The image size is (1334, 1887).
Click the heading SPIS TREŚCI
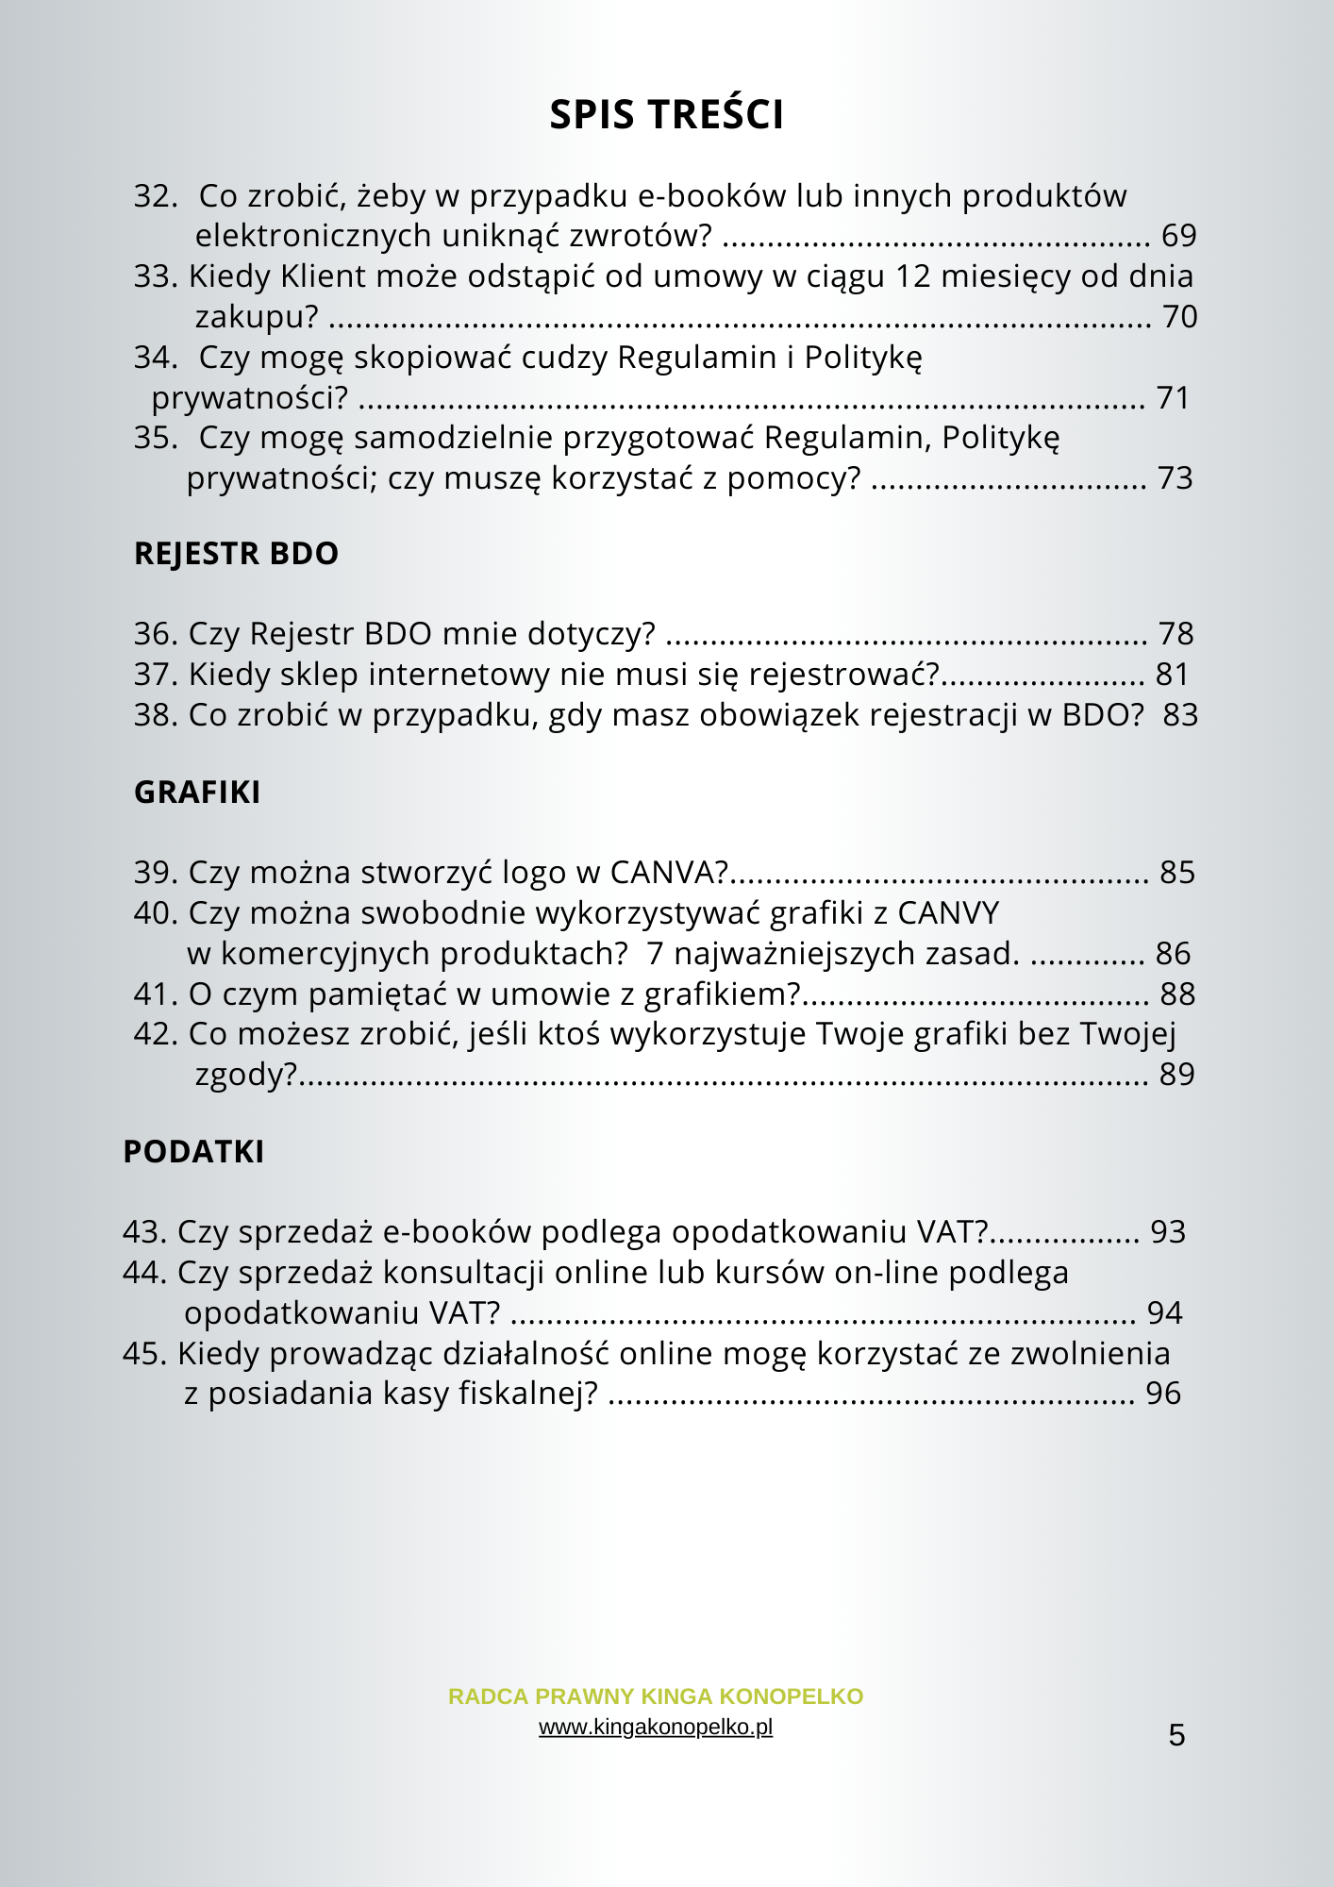click(666, 115)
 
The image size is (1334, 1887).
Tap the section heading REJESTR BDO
click(236, 554)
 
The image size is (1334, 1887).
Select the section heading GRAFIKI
click(197, 793)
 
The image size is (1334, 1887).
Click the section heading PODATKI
click(193, 1152)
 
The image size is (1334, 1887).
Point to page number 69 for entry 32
click(1178, 236)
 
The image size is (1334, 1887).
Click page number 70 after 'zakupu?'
click(1179, 317)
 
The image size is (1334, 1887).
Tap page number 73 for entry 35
click(1176, 479)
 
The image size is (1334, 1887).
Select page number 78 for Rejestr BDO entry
click(1176, 634)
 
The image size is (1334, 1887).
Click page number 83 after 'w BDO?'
click(1180, 715)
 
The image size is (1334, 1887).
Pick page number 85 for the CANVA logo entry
click(1177, 873)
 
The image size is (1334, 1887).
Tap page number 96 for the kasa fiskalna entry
click(1163, 1394)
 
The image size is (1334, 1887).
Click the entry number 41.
click(156, 994)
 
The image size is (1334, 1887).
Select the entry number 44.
click(144, 1273)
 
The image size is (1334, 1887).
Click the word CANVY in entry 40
click(948, 913)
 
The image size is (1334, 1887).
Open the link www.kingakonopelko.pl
click(656, 1728)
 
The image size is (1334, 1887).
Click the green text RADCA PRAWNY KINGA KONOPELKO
click(656, 1696)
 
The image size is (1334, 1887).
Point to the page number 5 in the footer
click(1176, 1735)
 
